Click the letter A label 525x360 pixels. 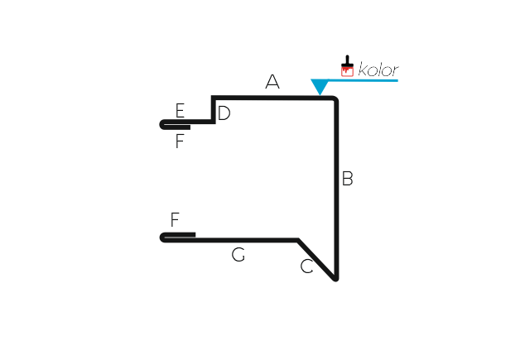click(272, 82)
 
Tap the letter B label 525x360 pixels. click(348, 178)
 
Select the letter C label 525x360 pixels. click(306, 266)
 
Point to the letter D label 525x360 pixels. click(224, 113)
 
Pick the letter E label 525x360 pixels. click(180, 110)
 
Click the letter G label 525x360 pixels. click(238, 255)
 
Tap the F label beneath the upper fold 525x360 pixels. click(180, 141)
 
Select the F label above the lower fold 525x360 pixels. click(175, 219)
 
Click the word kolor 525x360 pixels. click(378, 70)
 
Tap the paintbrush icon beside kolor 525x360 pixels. click(347, 66)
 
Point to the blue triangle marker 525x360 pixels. click(320, 87)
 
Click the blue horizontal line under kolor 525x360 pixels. click(363, 80)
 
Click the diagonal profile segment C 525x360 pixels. click(316, 259)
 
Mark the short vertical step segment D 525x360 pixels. click(214, 110)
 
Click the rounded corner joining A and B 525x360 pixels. click(335, 99)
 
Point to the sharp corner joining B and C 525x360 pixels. click(336, 279)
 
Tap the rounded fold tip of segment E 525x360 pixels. click(161, 124)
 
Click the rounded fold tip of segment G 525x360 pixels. click(162, 238)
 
